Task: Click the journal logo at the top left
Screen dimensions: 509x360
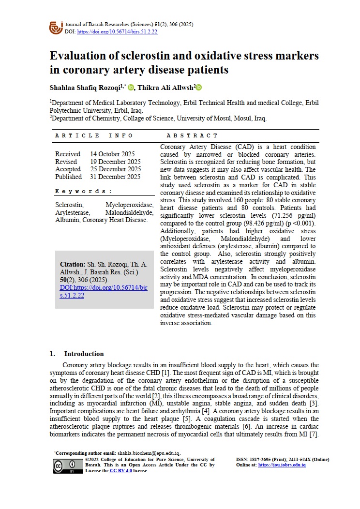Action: point(56,28)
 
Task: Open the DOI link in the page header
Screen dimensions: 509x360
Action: point(117,31)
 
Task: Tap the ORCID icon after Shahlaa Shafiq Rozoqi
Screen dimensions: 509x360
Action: point(131,88)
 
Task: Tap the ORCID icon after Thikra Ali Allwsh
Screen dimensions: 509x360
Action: point(198,88)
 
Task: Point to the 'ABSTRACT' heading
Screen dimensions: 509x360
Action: point(192,135)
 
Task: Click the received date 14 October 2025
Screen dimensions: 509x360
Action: point(112,154)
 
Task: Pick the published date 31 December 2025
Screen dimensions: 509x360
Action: point(115,177)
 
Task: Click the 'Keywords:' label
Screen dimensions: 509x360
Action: point(84,191)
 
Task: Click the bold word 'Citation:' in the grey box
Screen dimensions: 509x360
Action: point(73,265)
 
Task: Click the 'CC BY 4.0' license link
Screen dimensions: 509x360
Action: point(120,470)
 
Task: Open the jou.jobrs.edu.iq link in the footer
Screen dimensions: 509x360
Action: point(282,465)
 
